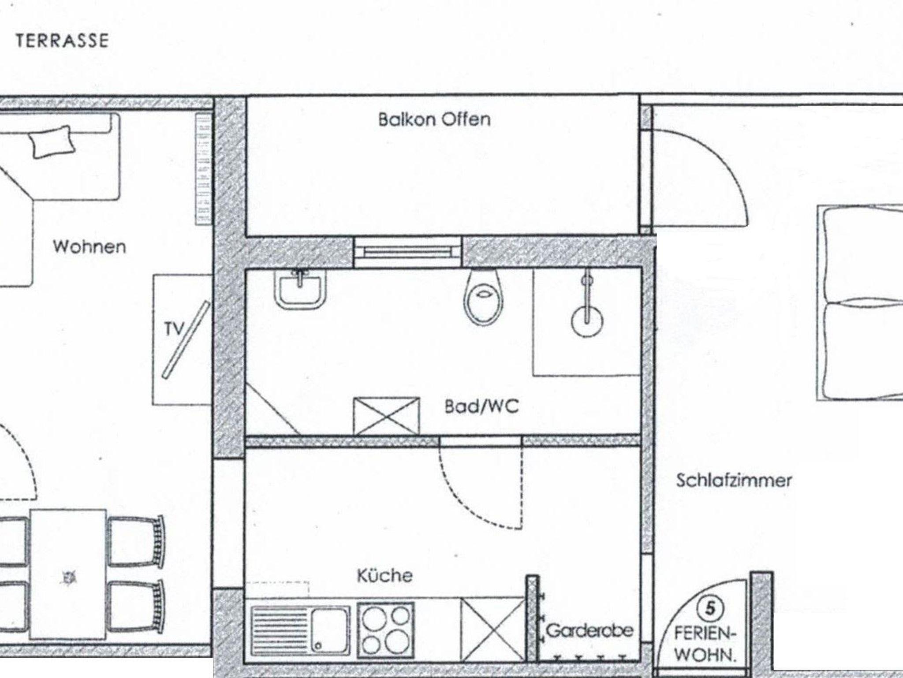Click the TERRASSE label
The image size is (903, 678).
62,41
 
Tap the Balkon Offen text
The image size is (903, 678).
434,119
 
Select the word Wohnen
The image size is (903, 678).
90,246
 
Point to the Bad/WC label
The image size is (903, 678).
481,406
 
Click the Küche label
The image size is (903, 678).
384,575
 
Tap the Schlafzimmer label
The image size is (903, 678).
734,480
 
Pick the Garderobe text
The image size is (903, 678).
590,630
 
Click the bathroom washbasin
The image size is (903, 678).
300,289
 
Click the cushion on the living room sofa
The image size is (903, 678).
51,141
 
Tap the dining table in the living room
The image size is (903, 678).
68,574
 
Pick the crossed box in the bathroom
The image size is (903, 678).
387,416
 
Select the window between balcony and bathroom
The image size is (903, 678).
408,252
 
